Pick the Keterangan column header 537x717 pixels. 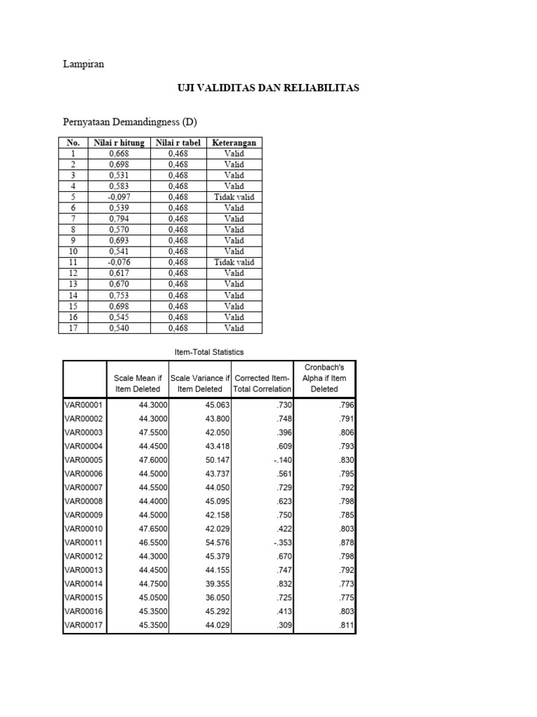pos(234,142)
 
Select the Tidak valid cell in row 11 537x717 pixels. pos(234,263)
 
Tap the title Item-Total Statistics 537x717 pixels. pos(209,351)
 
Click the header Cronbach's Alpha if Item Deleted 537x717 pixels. pos(324,378)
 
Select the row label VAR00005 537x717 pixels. pos(84,460)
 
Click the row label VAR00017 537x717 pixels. pos(84,625)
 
